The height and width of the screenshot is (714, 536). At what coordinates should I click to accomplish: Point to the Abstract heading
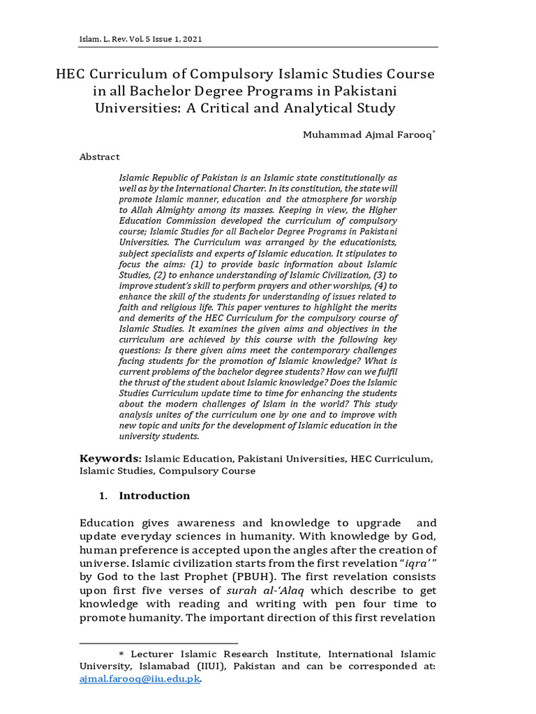(99, 157)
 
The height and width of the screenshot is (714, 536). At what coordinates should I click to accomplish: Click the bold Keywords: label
(111, 458)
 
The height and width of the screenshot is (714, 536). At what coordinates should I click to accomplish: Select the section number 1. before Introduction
(103, 496)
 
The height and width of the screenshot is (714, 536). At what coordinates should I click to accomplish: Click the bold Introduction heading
(154, 496)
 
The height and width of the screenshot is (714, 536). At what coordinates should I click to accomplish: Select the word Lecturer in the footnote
(153, 654)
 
